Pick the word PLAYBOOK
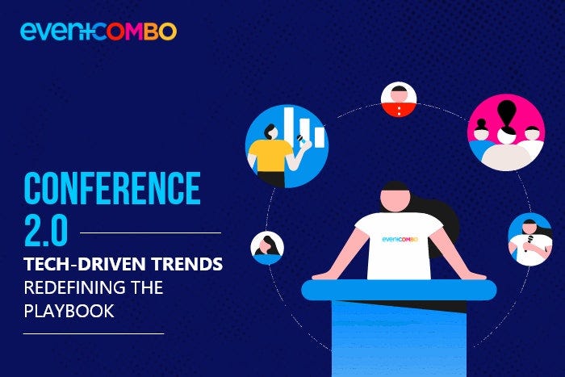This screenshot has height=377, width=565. (x=69, y=310)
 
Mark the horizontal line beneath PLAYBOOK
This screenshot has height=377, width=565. (x=93, y=333)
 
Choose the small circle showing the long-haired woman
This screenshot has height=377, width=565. (x=267, y=248)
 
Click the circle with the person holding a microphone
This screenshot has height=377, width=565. (x=529, y=239)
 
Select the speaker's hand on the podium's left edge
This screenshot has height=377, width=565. (x=323, y=275)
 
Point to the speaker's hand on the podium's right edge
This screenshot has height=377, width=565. (x=476, y=275)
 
